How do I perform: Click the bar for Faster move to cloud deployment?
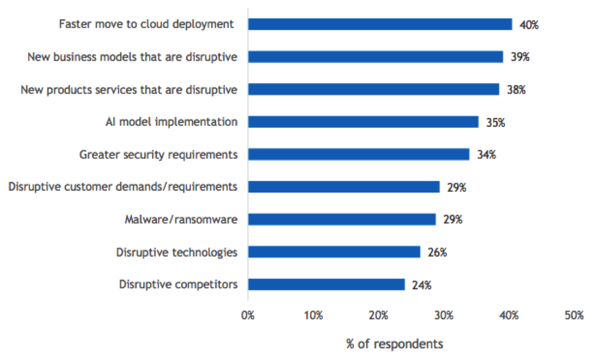380,24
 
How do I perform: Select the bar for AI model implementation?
363,122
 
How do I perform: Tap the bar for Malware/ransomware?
342,219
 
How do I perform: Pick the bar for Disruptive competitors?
326,284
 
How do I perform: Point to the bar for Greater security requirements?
359,154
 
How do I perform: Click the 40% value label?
529,25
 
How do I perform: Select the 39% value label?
520,57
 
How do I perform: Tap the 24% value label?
421,285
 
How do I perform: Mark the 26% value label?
437,252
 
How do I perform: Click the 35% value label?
495,122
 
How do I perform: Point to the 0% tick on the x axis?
248,316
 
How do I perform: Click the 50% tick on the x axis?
574,316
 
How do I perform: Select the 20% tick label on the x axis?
378,316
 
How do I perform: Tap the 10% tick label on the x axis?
313,316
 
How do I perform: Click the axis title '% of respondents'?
395,343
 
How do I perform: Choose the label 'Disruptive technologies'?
176,252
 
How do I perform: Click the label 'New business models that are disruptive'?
132,57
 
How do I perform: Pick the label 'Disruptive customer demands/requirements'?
123,187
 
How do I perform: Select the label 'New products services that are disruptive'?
129,89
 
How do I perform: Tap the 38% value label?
516,89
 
